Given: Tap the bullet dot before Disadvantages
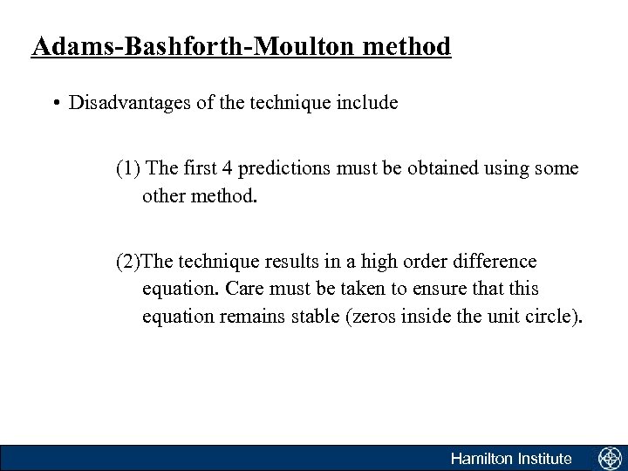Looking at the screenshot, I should (56, 104).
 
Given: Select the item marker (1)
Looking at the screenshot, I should (128, 168).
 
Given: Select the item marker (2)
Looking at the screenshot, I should (128, 262).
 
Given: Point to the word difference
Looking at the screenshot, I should (496, 262).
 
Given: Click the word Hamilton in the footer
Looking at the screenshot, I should (484, 458).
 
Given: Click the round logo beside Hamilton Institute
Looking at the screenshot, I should (608, 458).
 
